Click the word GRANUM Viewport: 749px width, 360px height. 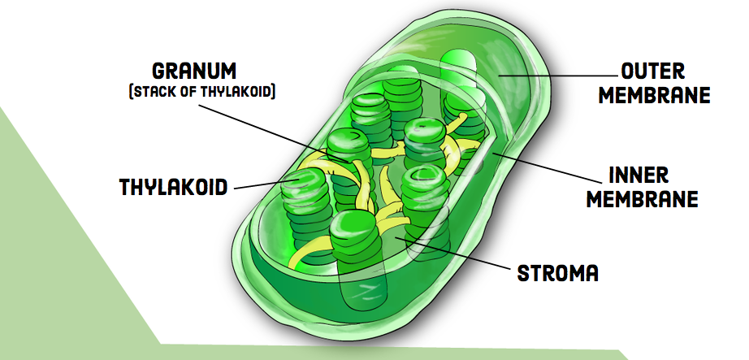click(x=194, y=72)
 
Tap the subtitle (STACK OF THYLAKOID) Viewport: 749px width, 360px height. click(x=202, y=92)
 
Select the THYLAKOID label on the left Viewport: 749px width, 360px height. click(x=173, y=187)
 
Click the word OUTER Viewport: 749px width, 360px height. click(x=653, y=72)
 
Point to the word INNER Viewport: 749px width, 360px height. click(x=639, y=176)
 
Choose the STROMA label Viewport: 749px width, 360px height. click(x=558, y=273)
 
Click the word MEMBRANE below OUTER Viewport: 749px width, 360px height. click(x=655, y=95)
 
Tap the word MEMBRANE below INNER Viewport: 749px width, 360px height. click(x=642, y=199)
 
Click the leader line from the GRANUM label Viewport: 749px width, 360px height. click(x=275, y=133)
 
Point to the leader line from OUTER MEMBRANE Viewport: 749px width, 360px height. click(x=558, y=75)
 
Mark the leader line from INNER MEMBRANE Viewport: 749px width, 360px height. click(x=548, y=167)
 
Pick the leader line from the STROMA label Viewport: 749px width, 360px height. click(x=452, y=252)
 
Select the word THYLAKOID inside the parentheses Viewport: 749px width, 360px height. click(x=236, y=92)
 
